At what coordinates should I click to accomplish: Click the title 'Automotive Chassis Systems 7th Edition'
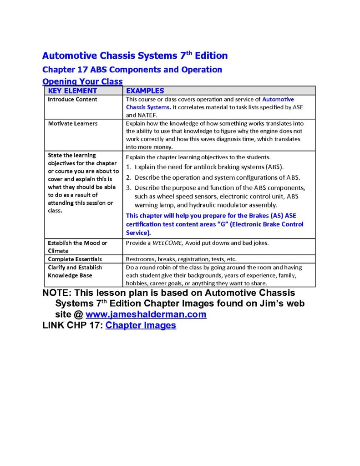pyautogui.click(x=135, y=56)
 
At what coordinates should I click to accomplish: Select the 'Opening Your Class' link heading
pyautogui.click(x=82, y=81)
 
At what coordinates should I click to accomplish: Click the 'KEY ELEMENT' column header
pyautogui.click(x=72, y=91)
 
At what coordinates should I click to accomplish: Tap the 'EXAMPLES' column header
pyautogui.click(x=145, y=91)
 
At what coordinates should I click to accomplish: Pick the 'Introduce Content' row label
pyautogui.click(x=72, y=99)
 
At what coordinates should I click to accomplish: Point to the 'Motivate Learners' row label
pyautogui.click(x=73, y=123)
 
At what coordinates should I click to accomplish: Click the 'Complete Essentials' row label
pyautogui.click(x=75, y=259)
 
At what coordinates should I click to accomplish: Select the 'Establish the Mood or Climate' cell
pyautogui.click(x=77, y=247)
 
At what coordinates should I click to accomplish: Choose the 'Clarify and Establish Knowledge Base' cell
pyautogui.click(x=75, y=271)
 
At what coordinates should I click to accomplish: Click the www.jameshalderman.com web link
pyautogui.click(x=146, y=314)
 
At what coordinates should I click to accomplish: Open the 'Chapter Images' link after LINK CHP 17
pyautogui.click(x=141, y=325)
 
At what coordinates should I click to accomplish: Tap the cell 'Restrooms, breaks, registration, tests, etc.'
pyautogui.click(x=181, y=259)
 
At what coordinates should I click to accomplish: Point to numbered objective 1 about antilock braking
pyautogui.click(x=205, y=167)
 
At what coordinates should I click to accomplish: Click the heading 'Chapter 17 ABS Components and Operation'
pyautogui.click(x=132, y=70)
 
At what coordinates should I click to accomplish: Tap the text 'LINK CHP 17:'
pyautogui.click(x=72, y=325)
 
